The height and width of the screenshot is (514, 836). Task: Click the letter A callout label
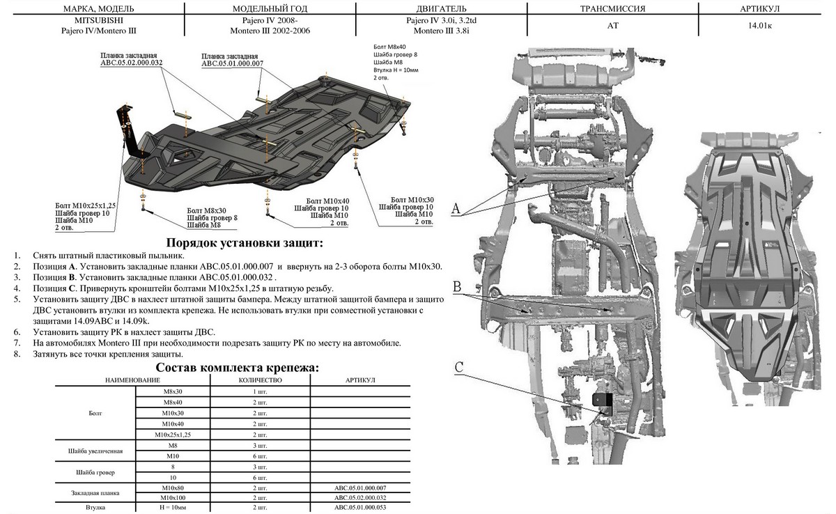click(456, 208)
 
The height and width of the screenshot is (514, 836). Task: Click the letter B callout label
click(456, 286)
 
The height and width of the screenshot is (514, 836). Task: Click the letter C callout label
click(458, 367)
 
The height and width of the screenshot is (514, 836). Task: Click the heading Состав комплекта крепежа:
click(238, 367)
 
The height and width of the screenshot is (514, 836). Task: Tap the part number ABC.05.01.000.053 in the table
click(361, 508)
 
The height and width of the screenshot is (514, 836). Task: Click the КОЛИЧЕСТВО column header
click(259, 380)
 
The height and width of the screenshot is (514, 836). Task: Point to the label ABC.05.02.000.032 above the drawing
click(132, 62)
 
